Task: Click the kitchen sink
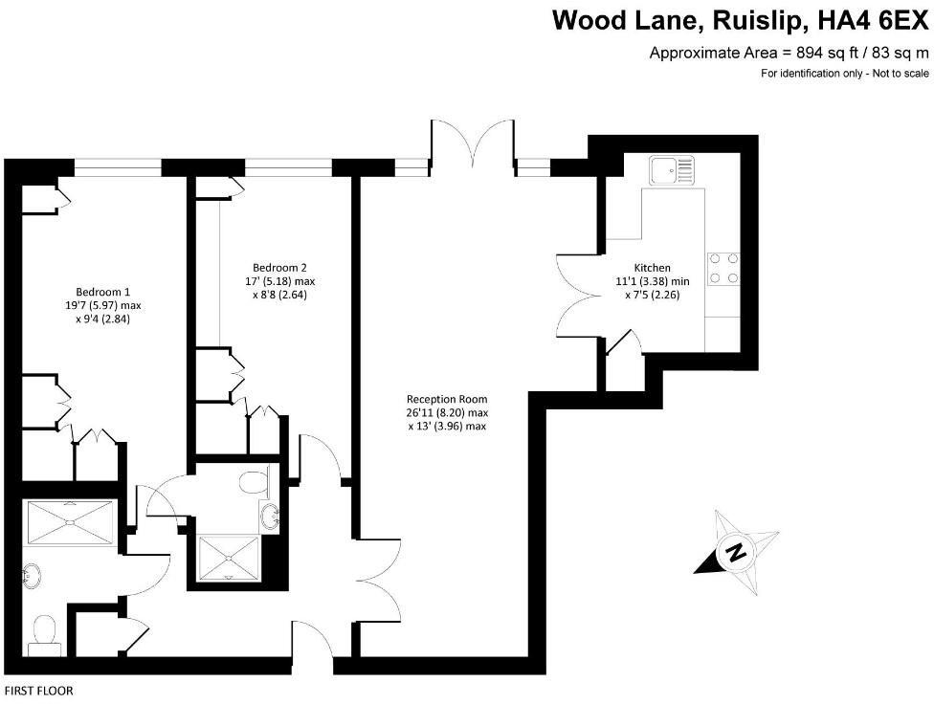pos(674,171)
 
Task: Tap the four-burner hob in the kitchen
pos(724,269)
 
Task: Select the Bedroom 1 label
pos(102,292)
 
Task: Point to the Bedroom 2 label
pos(279,267)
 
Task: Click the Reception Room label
pos(447,399)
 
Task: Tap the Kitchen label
pos(653,267)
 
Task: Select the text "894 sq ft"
pos(822,54)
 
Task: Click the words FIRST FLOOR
pos(39,691)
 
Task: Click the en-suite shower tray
pos(228,559)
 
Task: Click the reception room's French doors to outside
pos(474,143)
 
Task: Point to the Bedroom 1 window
pos(118,166)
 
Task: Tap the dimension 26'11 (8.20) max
pos(447,413)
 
